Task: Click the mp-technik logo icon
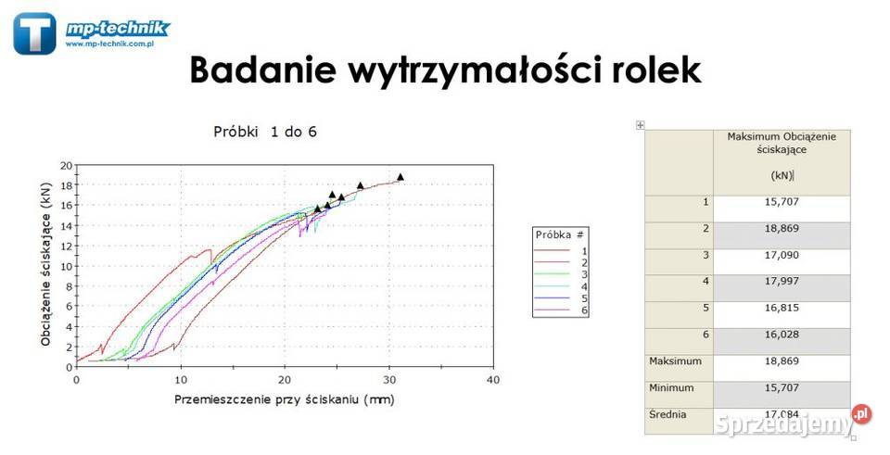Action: coord(34,33)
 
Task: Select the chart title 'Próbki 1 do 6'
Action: coord(266,132)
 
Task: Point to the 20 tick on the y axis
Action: coord(66,166)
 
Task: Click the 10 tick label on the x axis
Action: coord(182,380)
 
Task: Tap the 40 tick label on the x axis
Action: coord(494,380)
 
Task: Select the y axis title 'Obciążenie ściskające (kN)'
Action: coord(45,267)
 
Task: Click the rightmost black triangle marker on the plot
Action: coord(400,176)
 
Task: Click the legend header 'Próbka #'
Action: coord(560,235)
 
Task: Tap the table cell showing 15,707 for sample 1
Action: coord(782,201)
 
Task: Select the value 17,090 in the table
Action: coord(782,255)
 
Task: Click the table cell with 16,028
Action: coord(782,335)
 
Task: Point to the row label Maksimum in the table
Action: coord(675,360)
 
